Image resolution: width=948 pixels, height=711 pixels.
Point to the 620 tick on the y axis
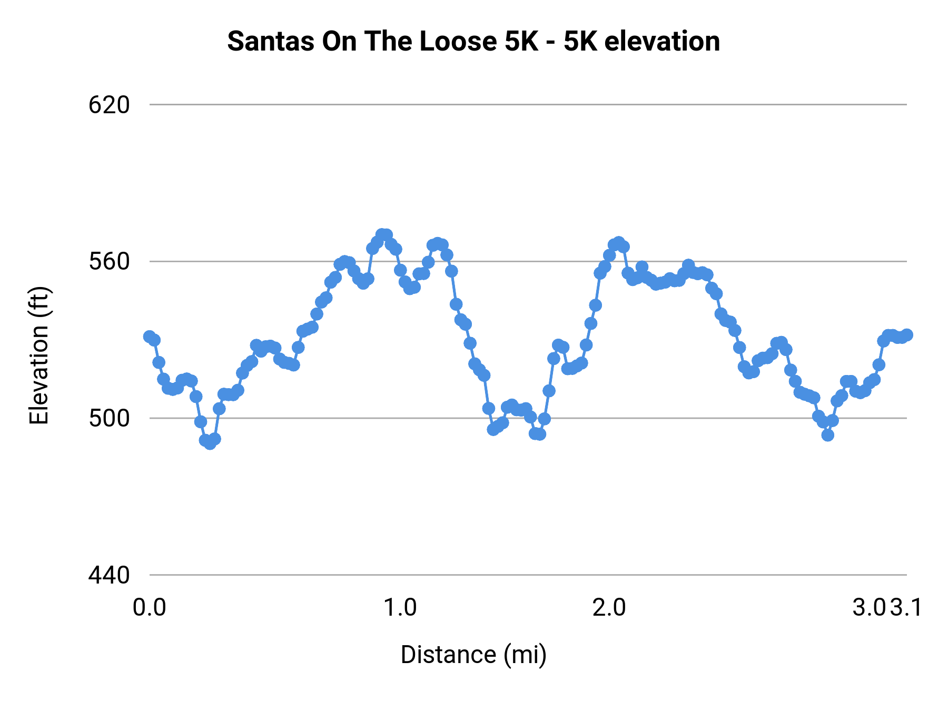[109, 105]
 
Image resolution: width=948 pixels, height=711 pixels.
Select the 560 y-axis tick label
[109, 262]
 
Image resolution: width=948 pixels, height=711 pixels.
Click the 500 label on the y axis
[109, 419]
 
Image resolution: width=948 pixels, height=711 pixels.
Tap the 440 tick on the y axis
[109, 575]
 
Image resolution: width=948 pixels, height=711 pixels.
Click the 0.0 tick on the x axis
[149, 608]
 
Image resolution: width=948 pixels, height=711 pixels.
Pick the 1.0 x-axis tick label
[400, 608]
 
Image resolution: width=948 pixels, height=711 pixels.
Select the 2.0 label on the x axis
[609, 608]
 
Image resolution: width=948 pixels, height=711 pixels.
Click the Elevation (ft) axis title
[39, 355]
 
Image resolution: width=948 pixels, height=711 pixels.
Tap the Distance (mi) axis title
[473, 655]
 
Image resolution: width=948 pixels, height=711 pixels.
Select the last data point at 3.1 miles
[906, 335]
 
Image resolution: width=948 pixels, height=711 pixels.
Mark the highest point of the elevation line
[382, 234]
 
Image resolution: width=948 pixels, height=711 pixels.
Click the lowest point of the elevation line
[210, 443]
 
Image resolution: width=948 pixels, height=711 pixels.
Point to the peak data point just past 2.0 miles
[618, 242]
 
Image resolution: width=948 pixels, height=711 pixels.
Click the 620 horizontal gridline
[527, 105]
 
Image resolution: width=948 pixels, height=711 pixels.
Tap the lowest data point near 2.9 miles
[827, 435]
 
